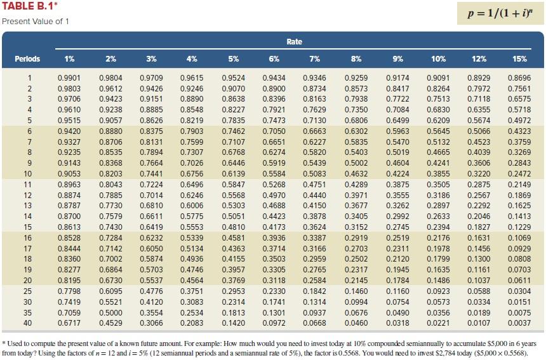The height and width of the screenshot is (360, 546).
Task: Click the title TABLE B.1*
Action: (28, 7)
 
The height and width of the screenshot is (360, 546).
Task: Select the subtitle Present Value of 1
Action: (36, 22)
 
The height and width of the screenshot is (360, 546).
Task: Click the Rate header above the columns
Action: (294, 41)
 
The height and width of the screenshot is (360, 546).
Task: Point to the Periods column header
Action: (27, 59)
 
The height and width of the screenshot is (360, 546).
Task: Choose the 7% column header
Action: (314, 59)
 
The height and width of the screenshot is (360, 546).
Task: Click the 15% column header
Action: (519, 59)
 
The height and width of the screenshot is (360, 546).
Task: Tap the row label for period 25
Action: (27, 291)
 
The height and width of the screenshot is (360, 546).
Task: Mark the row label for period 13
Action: (27, 206)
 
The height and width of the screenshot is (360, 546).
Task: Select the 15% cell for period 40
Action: (519, 323)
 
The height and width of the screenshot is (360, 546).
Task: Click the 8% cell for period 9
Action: (356, 163)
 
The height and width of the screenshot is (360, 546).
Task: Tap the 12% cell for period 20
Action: (478, 280)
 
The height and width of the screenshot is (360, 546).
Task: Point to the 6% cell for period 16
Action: (274, 237)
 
